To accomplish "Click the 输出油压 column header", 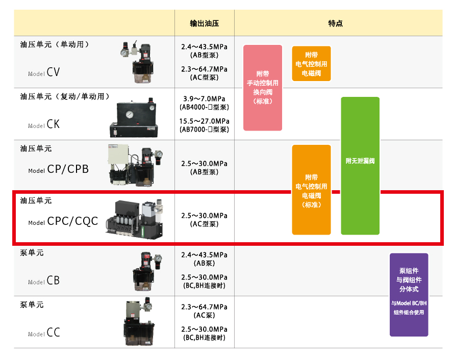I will [204, 23].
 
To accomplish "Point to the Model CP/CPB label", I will [58, 169].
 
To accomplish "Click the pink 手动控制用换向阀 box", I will [263, 87].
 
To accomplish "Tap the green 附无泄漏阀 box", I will [360, 165].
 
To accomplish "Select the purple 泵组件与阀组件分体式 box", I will [409, 294].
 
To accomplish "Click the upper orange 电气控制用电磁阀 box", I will [311, 64].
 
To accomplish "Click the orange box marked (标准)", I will [311, 190].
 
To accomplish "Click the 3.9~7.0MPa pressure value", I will [204, 98].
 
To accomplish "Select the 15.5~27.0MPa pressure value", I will [204, 121].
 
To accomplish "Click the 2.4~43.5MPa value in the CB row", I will [204, 255].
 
